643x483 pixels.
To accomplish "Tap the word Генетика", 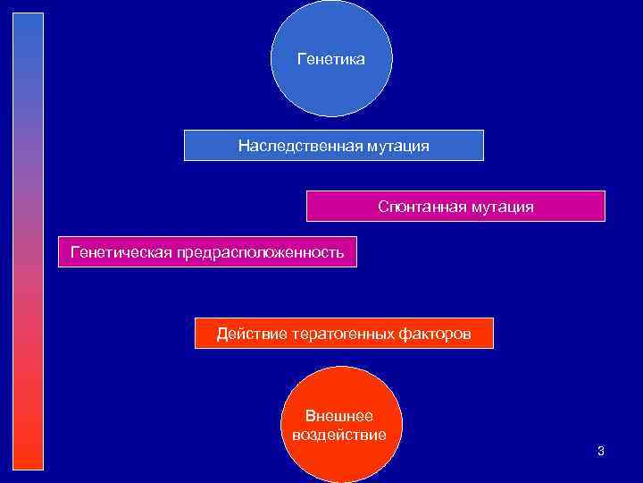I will point(330,59).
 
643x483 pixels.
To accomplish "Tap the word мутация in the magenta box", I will point(505,207).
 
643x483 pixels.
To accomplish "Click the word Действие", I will point(243,335).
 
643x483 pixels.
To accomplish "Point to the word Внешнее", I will point(339,416).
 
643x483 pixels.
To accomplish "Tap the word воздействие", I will point(339,435).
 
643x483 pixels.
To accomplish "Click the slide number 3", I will point(601,451).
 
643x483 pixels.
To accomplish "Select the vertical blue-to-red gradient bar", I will point(28,241).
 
